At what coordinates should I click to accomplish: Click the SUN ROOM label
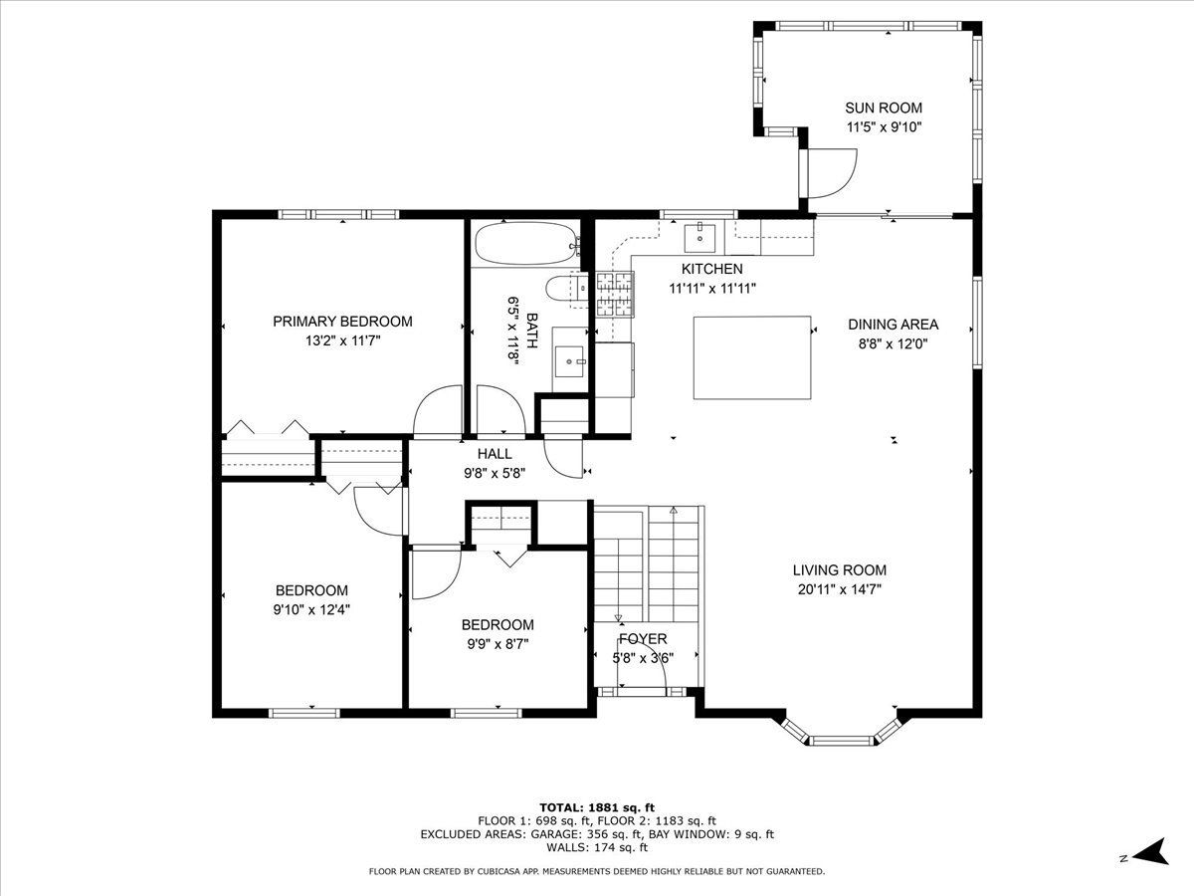(884, 108)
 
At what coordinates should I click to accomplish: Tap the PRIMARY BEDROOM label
(342, 322)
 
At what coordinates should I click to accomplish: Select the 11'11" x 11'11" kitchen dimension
(712, 289)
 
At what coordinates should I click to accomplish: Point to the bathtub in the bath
(526, 244)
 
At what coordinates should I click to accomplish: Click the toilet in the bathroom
(567, 289)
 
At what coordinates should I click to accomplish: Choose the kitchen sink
(699, 238)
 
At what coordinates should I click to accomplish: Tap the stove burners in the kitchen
(615, 295)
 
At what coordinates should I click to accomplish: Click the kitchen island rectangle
(752, 357)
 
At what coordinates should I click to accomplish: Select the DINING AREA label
(893, 325)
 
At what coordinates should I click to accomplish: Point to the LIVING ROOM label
(840, 570)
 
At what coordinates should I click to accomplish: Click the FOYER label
(643, 639)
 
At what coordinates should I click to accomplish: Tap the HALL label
(495, 454)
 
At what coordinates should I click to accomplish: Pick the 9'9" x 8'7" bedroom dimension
(497, 644)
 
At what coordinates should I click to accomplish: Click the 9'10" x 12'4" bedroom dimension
(311, 610)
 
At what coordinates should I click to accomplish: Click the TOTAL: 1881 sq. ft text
(597, 807)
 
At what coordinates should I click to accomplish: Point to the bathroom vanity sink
(569, 361)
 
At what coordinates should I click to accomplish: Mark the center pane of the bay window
(843, 740)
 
